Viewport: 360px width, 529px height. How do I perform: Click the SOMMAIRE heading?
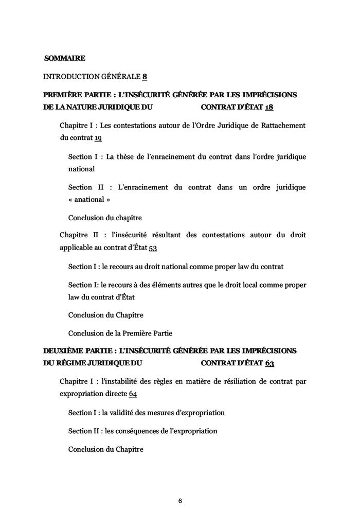(x=65, y=58)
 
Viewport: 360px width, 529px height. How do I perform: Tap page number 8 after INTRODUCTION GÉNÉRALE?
(x=145, y=77)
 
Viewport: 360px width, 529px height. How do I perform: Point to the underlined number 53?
(x=152, y=248)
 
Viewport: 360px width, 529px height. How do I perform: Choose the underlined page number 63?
(x=270, y=363)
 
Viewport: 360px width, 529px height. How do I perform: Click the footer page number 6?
(x=180, y=500)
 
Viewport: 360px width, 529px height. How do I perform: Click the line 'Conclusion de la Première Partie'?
(x=120, y=333)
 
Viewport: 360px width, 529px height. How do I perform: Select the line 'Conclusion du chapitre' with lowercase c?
(x=105, y=217)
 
